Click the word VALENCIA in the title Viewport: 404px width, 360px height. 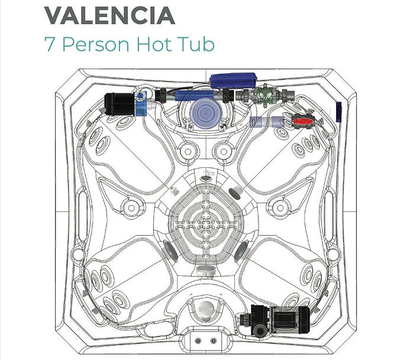[109, 15]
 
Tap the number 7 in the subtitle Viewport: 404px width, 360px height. [50, 44]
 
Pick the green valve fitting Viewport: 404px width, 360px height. [264, 95]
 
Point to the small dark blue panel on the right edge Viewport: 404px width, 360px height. [338, 111]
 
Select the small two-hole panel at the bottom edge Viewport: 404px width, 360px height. [204, 340]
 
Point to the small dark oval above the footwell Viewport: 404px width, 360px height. [206, 178]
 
